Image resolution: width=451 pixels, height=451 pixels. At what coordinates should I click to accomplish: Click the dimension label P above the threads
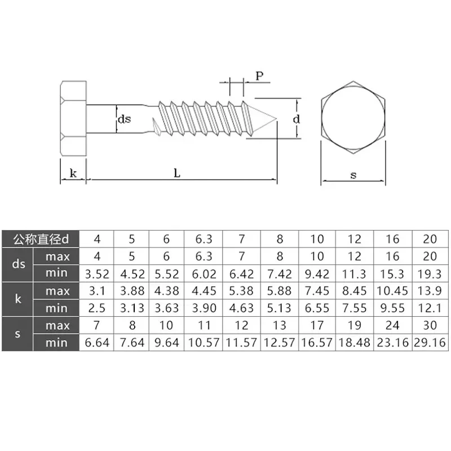(259, 76)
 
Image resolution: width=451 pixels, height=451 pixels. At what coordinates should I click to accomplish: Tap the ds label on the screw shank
(124, 119)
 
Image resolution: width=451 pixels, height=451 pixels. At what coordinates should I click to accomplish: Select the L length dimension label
(176, 174)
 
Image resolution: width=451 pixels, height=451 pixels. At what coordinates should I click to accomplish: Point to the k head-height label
(73, 173)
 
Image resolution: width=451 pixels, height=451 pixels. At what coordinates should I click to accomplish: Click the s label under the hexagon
(353, 175)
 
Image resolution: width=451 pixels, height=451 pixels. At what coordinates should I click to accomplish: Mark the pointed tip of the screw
(276, 118)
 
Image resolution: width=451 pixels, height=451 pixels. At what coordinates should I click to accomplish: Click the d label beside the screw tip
(297, 119)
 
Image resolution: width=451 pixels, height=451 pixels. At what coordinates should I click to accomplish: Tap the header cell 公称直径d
(41, 239)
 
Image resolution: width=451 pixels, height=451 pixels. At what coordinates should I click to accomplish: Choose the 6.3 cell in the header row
(205, 239)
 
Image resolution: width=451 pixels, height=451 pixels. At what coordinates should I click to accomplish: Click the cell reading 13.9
(431, 291)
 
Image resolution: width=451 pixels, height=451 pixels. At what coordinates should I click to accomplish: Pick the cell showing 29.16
(431, 343)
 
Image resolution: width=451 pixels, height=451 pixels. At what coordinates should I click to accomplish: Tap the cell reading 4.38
(166, 291)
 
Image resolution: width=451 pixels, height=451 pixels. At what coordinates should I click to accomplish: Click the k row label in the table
(17, 299)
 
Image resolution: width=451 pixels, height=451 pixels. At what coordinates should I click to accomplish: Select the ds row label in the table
(17, 265)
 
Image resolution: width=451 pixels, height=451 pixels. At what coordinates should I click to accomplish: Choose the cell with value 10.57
(205, 343)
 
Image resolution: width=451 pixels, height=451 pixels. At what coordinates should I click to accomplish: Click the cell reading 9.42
(317, 275)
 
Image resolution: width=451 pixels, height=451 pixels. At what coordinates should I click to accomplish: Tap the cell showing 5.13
(280, 308)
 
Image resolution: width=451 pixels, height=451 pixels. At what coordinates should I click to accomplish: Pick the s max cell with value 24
(393, 325)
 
